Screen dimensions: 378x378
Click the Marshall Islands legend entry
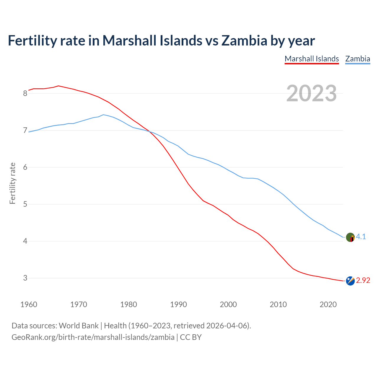click(312, 59)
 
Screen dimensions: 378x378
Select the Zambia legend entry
click(358, 59)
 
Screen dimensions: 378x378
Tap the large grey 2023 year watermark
click(311, 93)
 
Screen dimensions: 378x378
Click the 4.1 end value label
click(361, 237)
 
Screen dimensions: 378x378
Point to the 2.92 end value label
click(363, 280)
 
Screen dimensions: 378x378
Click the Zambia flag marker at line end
click(350, 237)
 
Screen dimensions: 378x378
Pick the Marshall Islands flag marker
click(350, 281)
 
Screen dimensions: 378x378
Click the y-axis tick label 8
click(25, 94)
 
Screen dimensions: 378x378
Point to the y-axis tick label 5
click(25, 204)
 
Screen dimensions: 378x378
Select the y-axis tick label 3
click(25, 278)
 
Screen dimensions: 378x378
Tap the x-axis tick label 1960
click(29, 304)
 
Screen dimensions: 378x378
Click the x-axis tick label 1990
click(178, 304)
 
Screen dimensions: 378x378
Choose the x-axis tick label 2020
click(328, 304)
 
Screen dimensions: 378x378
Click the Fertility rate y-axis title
click(12, 183)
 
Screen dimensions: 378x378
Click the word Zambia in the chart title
click(244, 40)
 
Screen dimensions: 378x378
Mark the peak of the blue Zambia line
click(103, 115)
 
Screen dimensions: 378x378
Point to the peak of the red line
click(58, 86)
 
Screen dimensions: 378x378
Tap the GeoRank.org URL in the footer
click(93, 337)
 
